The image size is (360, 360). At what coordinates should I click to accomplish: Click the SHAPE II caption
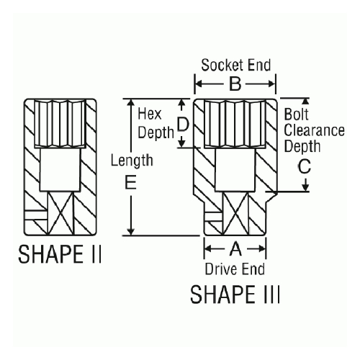pyautogui.click(x=60, y=254)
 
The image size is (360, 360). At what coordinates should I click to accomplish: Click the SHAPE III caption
pyautogui.click(x=235, y=294)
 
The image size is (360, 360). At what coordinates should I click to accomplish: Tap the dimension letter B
pyautogui.click(x=235, y=84)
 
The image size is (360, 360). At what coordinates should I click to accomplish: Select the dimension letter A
pyautogui.click(x=236, y=249)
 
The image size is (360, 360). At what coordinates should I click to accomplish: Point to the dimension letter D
pyautogui.click(x=183, y=125)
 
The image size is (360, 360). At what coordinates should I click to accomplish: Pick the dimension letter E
pyautogui.click(x=131, y=182)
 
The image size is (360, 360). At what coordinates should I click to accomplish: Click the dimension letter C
pyautogui.click(x=305, y=166)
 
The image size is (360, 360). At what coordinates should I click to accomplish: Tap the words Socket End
pyautogui.click(x=236, y=65)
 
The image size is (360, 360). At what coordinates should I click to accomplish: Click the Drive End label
pyautogui.click(x=235, y=269)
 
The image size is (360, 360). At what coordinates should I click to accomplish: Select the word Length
pyautogui.click(x=132, y=161)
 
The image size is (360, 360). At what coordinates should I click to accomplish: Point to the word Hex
pyautogui.click(x=149, y=114)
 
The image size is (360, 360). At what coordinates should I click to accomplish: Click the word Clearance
pyautogui.click(x=314, y=130)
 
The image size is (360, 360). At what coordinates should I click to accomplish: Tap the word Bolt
pyautogui.click(x=296, y=114)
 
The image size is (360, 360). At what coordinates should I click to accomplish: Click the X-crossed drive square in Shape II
pyautogui.click(x=60, y=213)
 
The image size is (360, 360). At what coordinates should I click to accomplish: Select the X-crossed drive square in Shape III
pyautogui.click(x=235, y=214)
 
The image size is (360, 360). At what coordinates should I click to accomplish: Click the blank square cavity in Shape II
pyautogui.click(x=60, y=170)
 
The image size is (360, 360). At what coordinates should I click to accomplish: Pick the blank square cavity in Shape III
pyautogui.click(x=235, y=170)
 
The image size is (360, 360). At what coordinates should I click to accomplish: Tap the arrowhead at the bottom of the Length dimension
pyautogui.click(x=130, y=231)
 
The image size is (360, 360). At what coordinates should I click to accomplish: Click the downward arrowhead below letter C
pyautogui.click(x=305, y=187)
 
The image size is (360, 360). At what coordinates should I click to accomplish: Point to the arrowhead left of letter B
pyautogui.click(x=198, y=84)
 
